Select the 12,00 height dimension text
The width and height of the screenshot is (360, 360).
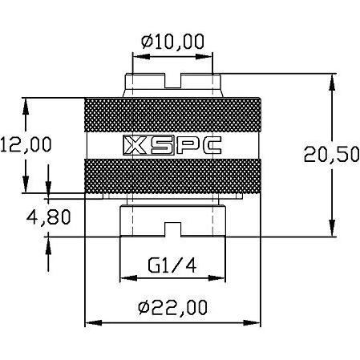coord(26,144)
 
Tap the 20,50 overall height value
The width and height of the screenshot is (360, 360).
coord(332,155)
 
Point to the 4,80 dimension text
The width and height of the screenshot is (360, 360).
coord(26,216)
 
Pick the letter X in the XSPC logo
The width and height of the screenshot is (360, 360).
coord(133,145)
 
